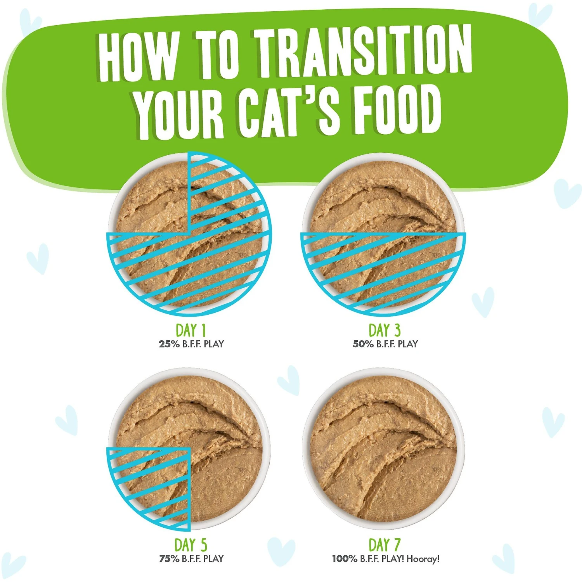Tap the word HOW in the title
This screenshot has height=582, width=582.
coord(139,56)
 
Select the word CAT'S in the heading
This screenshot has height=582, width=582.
coord(289,111)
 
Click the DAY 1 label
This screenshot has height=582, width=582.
coord(191,331)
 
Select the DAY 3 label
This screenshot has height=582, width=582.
coord(384,331)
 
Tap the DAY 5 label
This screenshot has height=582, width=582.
coord(191,545)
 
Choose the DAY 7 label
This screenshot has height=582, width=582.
coord(384,545)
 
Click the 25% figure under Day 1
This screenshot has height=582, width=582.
coord(169,344)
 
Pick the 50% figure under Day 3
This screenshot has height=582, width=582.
coord(363,344)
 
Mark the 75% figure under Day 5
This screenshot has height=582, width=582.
coord(169,559)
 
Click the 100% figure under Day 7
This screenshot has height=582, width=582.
coord(345,559)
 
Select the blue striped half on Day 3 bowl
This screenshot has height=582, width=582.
coord(383,268)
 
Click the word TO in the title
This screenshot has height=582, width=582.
coord(217,54)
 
